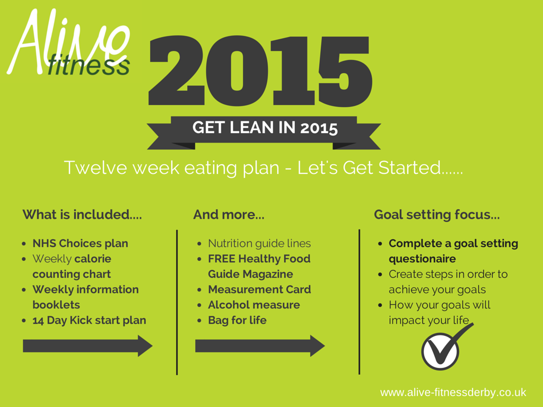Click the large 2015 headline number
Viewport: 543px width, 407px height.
click(x=260, y=70)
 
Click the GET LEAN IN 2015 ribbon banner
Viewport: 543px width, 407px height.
click(x=264, y=132)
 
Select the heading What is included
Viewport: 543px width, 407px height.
click(x=82, y=215)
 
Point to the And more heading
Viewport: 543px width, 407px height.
click(x=229, y=215)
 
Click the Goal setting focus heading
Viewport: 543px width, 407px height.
click(x=437, y=215)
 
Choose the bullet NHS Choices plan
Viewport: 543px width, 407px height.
click(x=81, y=243)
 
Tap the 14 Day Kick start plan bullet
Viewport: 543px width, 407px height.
click(x=89, y=321)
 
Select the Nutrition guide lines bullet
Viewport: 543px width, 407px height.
click(x=259, y=244)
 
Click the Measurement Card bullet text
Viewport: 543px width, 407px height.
click(x=259, y=289)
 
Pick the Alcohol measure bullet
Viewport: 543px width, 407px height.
click(x=254, y=305)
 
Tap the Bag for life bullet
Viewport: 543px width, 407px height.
click(x=237, y=321)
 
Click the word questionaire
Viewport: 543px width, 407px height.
click(x=422, y=259)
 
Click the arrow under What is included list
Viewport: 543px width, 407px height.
click(x=87, y=346)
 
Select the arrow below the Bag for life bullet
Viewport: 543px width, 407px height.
click(x=260, y=346)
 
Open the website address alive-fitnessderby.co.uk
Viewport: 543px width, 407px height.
click(x=453, y=393)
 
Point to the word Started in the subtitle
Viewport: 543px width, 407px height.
click(x=409, y=168)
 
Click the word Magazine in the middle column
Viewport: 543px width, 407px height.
click(x=268, y=275)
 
